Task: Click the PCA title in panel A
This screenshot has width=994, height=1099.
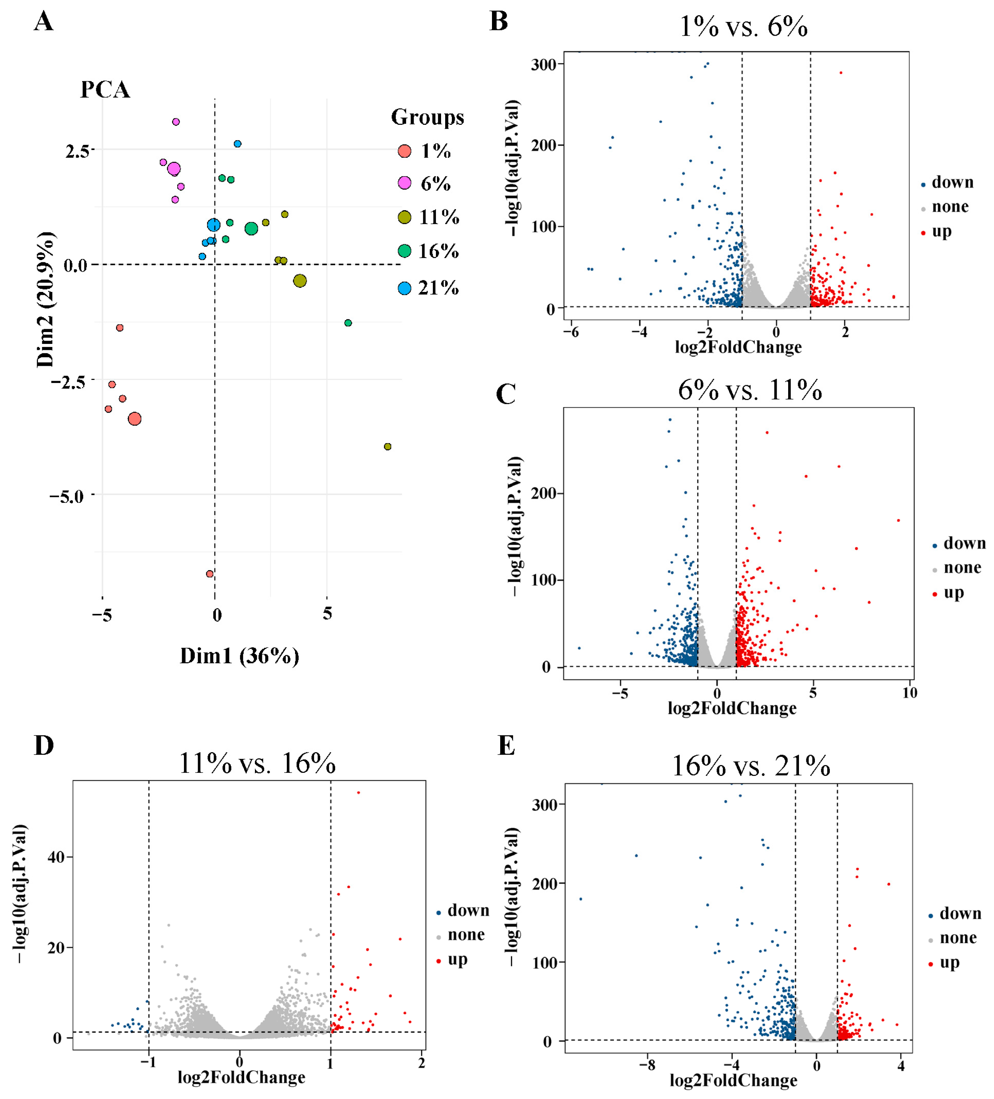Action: pyautogui.click(x=105, y=90)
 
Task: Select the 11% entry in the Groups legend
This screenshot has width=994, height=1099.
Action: pyautogui.click(x=428, y=218)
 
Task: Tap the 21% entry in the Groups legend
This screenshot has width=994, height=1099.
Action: pyautogui.click(x=428, y=288)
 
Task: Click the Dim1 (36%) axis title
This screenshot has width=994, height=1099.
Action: pyautogui.click(x=239, y=656)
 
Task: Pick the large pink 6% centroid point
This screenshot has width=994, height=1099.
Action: pyautogui.click(x=174, y=169)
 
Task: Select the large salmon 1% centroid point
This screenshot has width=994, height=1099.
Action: pyautogui.click(x=135, y=419)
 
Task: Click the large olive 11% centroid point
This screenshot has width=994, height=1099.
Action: pyautogui.click(x=300, y=281)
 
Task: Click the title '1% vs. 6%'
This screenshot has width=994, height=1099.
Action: pyautogui.click(x=743, y=26)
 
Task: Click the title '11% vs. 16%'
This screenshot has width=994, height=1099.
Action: pyautogui.click(x=257, y=763)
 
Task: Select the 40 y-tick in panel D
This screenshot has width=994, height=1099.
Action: pyautogui.click(x=57, y=858)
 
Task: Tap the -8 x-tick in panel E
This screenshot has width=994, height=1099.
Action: pyautogui.click(x=647, y=1066)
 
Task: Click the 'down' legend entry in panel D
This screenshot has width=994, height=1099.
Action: pyautogui.click(x=462, y=910)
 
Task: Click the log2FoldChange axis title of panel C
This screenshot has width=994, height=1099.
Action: pyautogui.click(x=732, y=709)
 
